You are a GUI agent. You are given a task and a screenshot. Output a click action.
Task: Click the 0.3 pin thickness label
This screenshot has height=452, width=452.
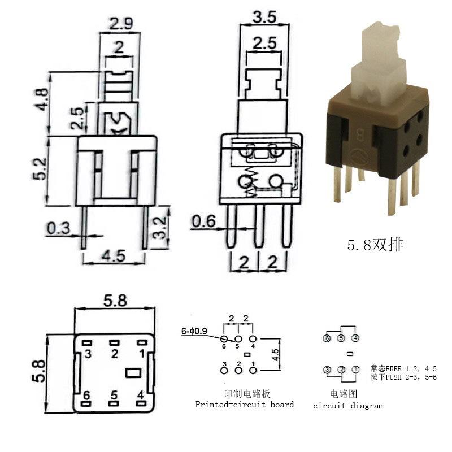58,229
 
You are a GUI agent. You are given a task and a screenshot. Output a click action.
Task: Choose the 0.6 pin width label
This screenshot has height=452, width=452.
203,221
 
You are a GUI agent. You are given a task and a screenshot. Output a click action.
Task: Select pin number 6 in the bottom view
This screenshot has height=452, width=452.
87,395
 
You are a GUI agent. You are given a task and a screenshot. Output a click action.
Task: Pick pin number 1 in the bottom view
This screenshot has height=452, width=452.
141,354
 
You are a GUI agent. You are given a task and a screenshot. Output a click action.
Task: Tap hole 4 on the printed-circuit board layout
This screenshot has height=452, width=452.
253,338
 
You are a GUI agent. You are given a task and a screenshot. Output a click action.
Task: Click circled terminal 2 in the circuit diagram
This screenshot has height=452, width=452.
341,370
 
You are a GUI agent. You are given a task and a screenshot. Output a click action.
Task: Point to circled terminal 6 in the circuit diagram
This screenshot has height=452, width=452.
327,338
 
